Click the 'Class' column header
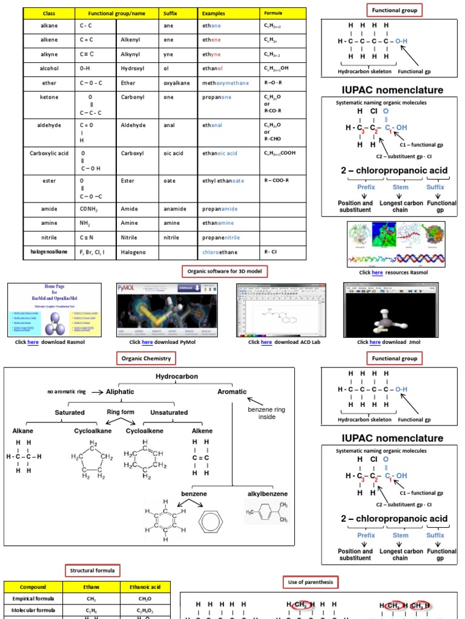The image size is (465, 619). pyautogui.click(x=49, y=13)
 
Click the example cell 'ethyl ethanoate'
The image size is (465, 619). pyautogui.click(x=223, y=181)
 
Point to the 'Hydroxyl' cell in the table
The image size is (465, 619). pyautogui.click(x=132, y=69)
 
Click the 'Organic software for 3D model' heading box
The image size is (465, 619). pyautogui.click(x=225, y=272)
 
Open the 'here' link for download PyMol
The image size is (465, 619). pyautogui.click(x=147, y=342)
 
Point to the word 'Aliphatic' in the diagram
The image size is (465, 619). pyautogui.click(x=120, y=392)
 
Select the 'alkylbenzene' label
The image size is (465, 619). pyautogui.click(x=267, y=494)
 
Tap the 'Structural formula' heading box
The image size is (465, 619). pyautogui.click(x=93, y=571)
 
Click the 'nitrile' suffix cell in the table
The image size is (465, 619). pyautogui.click(x=171, y=238)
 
